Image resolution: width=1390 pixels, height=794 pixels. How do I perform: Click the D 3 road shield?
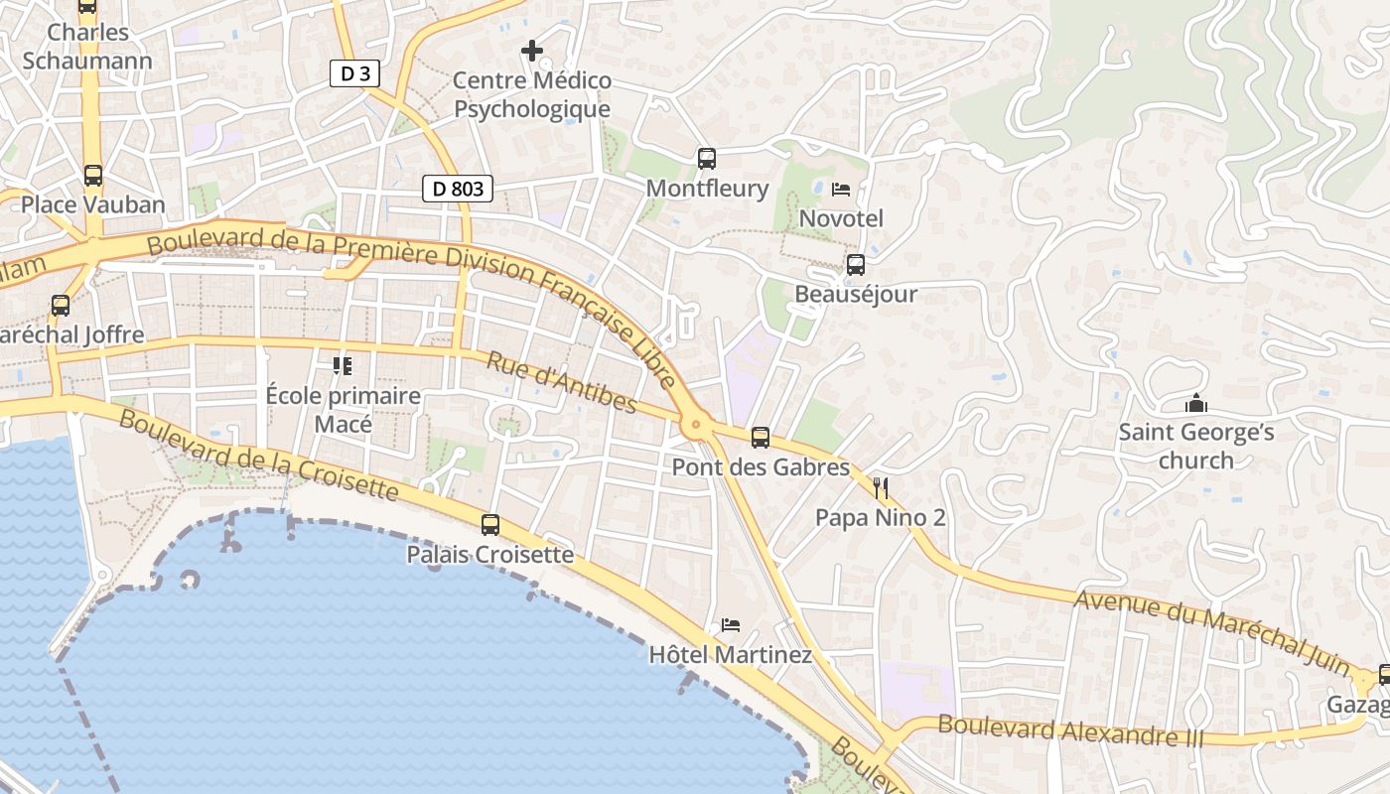[354, 73]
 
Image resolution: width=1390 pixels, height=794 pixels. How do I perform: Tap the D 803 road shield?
[458, 189]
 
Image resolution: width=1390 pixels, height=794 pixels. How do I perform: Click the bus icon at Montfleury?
[707, 159]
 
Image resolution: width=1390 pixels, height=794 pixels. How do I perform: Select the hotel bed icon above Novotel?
[841, 190]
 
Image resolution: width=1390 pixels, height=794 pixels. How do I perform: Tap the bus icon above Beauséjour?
[855, 265]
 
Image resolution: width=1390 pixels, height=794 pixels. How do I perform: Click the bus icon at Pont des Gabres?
[761, 437]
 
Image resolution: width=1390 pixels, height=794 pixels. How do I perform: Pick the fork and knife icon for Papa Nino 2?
[880, 487]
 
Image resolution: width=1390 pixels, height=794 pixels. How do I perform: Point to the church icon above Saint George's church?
[1196, 404]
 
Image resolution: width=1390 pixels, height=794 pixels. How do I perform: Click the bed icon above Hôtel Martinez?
[731, 625]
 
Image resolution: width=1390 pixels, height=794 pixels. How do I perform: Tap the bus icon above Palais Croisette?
[490, 525]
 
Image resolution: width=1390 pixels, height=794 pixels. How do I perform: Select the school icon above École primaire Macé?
[343, 366]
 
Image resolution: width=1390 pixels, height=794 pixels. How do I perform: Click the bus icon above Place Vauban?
[93, 176]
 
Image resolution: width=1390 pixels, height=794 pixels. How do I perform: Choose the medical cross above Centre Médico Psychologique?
[532, 50]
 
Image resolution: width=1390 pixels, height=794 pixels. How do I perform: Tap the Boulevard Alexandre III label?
[1070, 731]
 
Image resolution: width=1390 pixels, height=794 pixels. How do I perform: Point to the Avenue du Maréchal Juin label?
[1212, 622]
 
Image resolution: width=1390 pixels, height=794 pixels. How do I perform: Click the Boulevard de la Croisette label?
[258, 454]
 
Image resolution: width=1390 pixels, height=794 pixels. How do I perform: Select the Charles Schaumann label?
[87, 47]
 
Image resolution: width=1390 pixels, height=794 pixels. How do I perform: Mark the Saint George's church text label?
[1196, 446]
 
